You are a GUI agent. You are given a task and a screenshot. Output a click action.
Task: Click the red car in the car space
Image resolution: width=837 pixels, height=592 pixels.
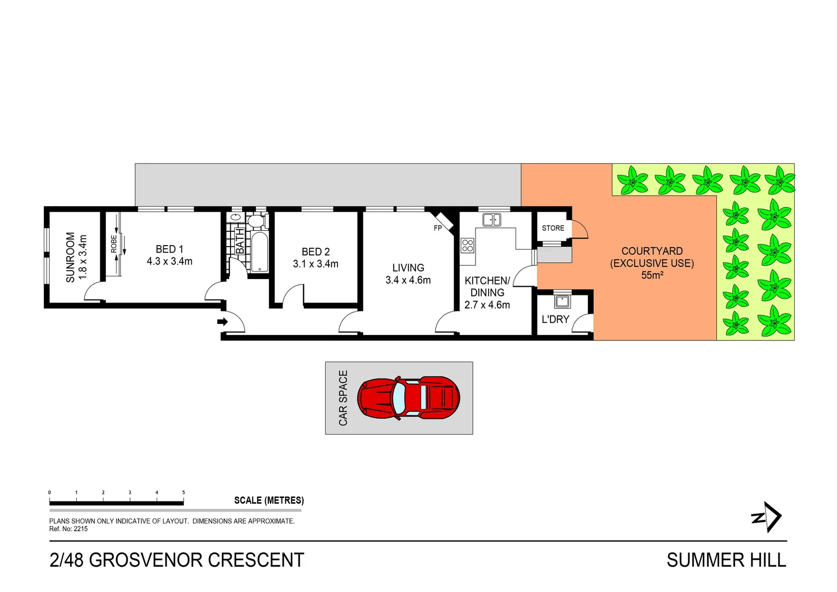click(408, 398)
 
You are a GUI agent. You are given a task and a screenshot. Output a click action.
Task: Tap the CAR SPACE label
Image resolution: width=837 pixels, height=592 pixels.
click(343, 398)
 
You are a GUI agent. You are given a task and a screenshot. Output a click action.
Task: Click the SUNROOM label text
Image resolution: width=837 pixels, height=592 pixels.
click(71, 257)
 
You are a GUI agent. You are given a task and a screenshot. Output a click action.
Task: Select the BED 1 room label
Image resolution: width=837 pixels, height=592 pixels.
click(169, 249)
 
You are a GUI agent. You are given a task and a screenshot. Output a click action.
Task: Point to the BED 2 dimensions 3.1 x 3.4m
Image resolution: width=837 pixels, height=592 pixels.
click(316, 264)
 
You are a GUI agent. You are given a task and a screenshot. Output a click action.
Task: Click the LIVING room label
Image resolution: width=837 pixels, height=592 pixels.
click(408, 267)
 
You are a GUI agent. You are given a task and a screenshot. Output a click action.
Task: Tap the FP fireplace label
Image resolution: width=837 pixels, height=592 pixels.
click(438, 228)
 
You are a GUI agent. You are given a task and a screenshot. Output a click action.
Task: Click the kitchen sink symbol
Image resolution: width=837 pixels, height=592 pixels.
click(491, 220)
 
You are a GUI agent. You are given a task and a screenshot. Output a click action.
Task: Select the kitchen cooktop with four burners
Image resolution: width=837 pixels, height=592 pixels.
click(467, 245)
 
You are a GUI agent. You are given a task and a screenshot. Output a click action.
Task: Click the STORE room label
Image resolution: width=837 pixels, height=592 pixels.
click(553, 228)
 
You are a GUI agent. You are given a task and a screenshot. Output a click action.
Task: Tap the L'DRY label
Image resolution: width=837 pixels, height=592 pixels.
click(555, 319)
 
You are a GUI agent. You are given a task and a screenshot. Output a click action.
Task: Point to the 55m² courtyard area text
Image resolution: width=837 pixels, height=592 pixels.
click(652, 275)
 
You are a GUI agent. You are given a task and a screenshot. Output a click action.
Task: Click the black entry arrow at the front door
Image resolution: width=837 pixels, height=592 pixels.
click(222, 322)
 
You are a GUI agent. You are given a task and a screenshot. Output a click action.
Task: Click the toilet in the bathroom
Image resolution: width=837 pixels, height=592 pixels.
click(255, 221)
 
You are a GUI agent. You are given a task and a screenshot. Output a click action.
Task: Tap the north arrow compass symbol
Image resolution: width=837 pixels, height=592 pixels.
click(767, 517)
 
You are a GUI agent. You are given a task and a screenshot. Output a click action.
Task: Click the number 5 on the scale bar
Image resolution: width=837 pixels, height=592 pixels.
click(184, 492)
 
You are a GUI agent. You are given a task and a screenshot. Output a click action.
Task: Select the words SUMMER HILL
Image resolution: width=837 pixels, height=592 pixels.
click(726, 560)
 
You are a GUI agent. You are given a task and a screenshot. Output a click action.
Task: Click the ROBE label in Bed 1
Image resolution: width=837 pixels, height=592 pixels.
click(114, 244)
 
